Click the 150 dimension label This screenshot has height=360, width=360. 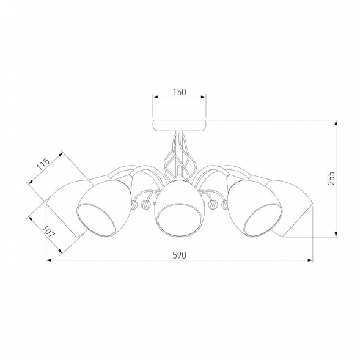(x=180, y=92)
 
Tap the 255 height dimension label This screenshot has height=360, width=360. (x=331, y=178)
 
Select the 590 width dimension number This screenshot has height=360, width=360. (x=179, y=255)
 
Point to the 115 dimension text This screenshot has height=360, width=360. (x=43, y=164)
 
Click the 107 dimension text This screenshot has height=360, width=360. (x=49, y=232)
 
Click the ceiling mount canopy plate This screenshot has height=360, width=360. (x=180, y=125)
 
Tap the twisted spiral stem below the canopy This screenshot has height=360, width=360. (x=180, y=155)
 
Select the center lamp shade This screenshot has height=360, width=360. (x=180, y=207)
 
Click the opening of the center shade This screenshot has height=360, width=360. (x=180, y=219)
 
